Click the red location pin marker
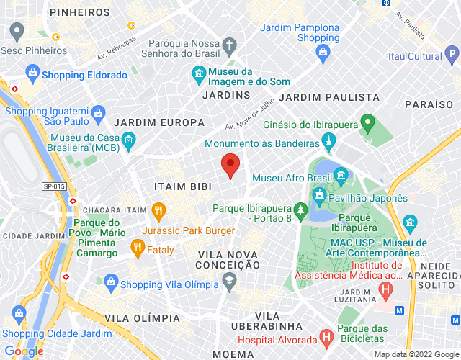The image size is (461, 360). (230, 165)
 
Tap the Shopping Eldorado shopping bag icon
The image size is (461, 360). (32, 73)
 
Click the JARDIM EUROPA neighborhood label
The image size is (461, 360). (153, 122)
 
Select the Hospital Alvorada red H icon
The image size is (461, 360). (326, 336)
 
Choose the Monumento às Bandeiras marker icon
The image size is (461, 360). (328, 140)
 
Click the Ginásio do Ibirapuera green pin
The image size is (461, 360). (367, 122)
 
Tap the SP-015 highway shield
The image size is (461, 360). (54, 186)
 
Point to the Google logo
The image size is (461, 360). (24, 351)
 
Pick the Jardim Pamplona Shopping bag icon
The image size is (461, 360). (323, 52)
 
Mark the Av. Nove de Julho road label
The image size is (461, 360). (250, 117)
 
